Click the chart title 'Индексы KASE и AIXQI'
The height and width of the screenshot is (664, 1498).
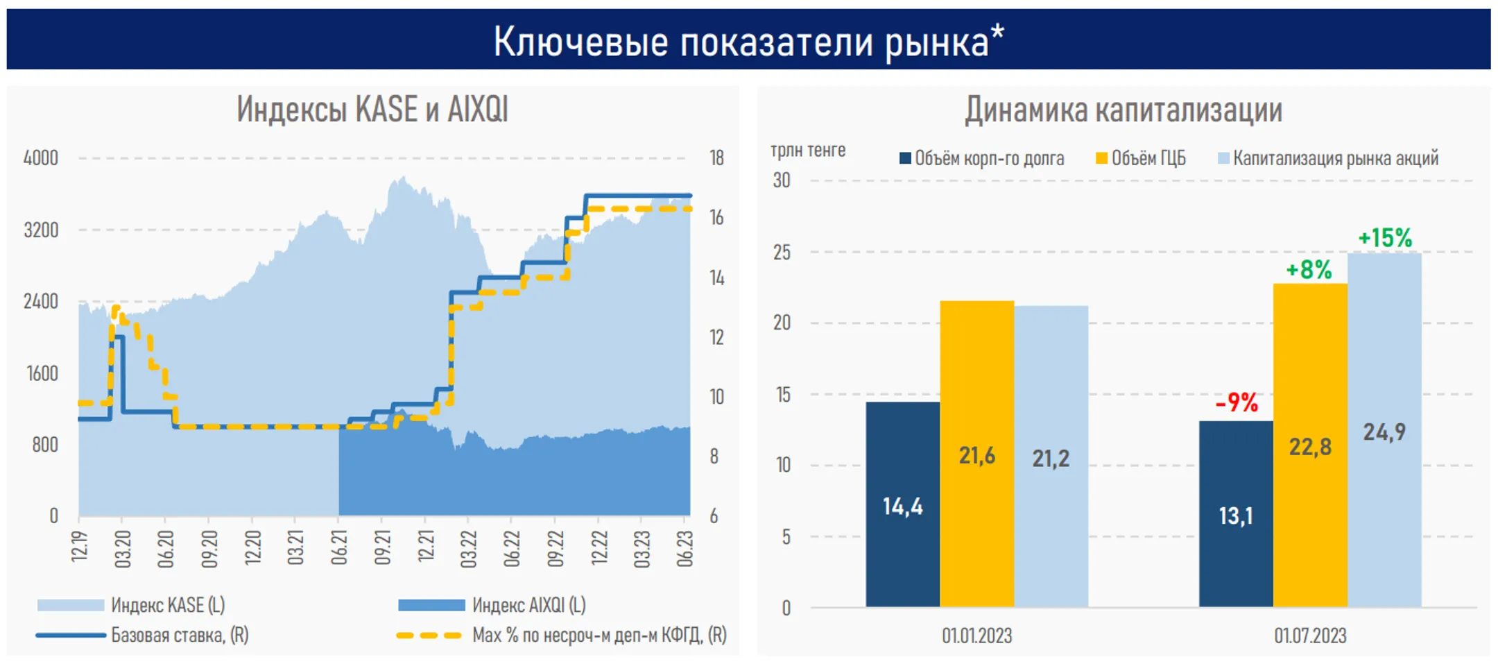tap(372, 110)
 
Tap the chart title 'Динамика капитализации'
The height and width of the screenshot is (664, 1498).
tap(1123, 110)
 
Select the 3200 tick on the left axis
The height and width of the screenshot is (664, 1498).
tap(41, 230)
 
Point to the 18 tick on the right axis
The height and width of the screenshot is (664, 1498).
tap(716, 158)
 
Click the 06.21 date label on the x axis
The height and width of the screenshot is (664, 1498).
tap(339, 548)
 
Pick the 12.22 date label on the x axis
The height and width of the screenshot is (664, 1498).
tap(599, 548)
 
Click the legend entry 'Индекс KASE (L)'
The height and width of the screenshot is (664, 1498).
tap(167, 605)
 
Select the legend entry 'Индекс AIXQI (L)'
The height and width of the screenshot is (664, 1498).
tap(528, 605)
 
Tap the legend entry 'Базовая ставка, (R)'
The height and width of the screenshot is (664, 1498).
tap(179, 635)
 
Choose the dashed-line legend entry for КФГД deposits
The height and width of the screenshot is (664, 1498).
tap(599, 635)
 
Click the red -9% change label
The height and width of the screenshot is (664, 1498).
tap(1237, 402)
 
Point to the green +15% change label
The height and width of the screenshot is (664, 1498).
tap(1384, 238)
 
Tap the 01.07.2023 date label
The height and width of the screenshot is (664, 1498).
tap(1310, 636)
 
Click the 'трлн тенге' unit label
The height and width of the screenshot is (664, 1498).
tap(808, 150)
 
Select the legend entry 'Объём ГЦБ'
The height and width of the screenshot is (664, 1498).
tap(1148, 158)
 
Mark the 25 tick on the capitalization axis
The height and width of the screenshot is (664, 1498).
tap(782, 253)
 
